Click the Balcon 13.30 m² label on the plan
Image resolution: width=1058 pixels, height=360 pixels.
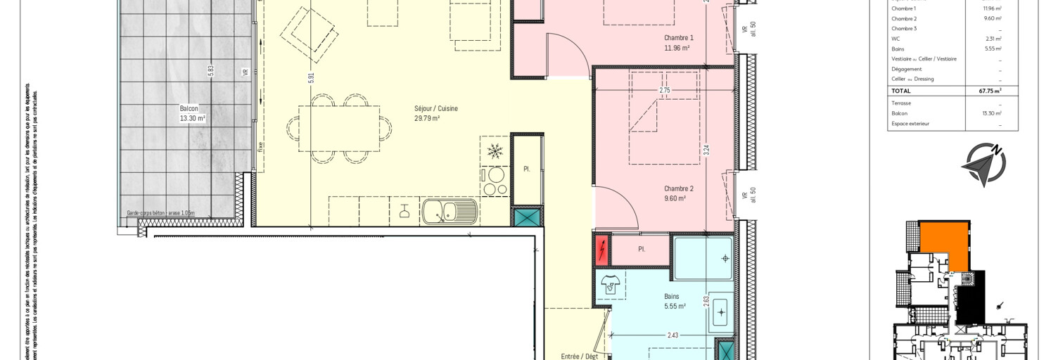[x=192, y=114]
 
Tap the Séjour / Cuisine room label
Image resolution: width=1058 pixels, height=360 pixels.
[x=435, y=114]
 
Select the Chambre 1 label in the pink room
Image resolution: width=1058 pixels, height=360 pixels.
[x=678, y=43]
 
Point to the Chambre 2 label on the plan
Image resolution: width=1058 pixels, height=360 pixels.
[x=678, y=193]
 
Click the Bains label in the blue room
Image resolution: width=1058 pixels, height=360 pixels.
[x=671, y=301]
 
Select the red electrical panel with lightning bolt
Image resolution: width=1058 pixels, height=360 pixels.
[x=603, y=250]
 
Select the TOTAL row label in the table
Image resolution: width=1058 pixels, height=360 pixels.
[x=901, y=91]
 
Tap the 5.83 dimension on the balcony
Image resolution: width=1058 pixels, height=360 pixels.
[x=210, y=70]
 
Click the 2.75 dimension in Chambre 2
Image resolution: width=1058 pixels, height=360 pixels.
[x=664, y=91]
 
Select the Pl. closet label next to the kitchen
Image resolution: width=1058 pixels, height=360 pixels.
[x=526, y=169]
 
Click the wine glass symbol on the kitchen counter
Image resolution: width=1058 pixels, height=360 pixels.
[x=404, y=210]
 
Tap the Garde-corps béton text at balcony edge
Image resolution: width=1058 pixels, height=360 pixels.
[x=160, y=213]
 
